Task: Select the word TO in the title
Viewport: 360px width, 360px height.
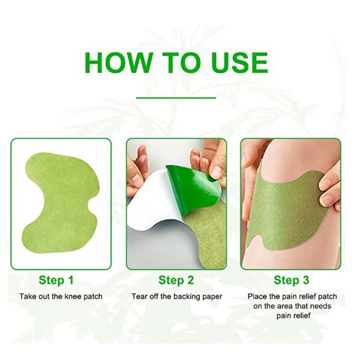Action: pyautogui.click(x=181, y=63)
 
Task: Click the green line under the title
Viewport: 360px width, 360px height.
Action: pyautogui.click(x=176, y=98)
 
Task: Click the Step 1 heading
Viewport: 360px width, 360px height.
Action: pyautogui.click(x=57, y=280)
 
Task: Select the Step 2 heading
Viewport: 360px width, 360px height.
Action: pyautogui.click(x=176, y=280)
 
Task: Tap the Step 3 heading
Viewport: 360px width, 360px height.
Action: pyautogui.click(x=292, y=280)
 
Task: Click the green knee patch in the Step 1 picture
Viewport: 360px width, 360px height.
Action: pyautogui.click(x=62, y=202)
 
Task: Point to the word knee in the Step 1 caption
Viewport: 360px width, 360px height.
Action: pyautogui.click(x=72, y=296)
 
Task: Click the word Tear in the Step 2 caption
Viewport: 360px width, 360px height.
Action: pyautogui.click(x=140, y=296)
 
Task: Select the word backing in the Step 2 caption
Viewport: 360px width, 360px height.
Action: pyautogui.click(x=186, y=297)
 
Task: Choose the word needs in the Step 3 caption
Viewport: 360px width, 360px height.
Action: pyautogui.click(x=321, y=307)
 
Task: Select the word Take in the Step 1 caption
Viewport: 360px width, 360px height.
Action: pyautogui.click(x=28, y=296)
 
